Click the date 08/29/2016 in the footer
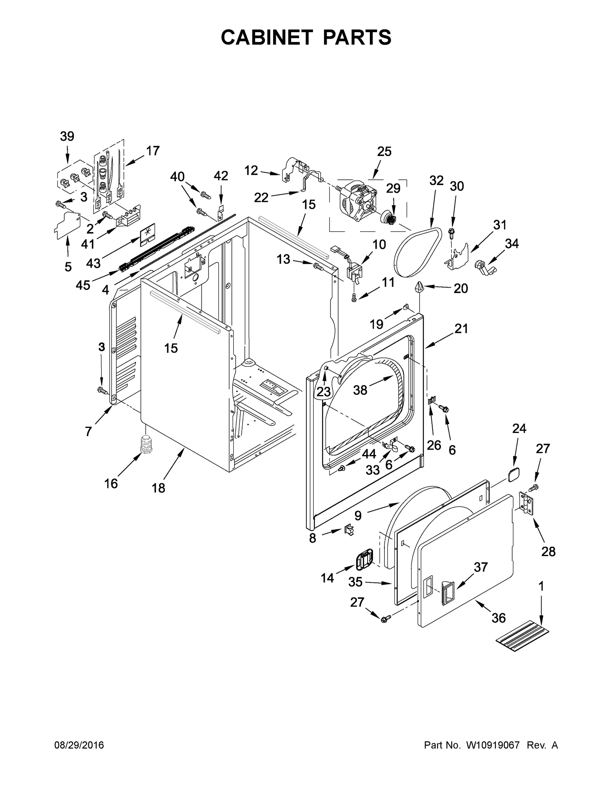(x=79, y=745)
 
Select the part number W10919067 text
(x=493, y=745)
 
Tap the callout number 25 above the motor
(x=384, y=152)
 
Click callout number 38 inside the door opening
(x=360, y=390)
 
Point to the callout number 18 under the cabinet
(x=158, y=488)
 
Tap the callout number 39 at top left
(x=67, y=137)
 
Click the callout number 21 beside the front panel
(x=461, y=329)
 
